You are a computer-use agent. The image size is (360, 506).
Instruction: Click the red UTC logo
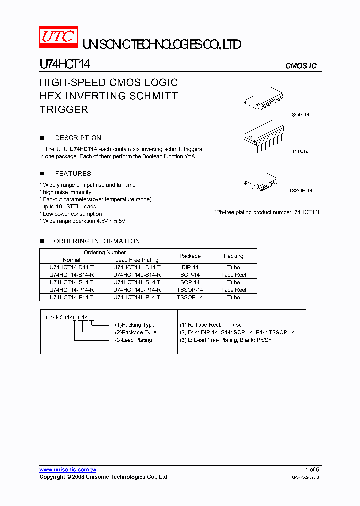(58, 37)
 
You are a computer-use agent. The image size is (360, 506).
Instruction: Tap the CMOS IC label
(301, 66)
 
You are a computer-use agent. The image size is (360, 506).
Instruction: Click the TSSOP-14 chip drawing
(261, 179)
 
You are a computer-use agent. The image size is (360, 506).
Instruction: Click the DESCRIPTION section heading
(78, 138)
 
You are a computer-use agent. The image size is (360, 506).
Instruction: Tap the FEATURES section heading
(73, 174)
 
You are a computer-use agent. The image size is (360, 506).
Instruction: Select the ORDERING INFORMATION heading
(97, 241)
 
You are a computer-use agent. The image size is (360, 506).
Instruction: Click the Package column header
(190, 256)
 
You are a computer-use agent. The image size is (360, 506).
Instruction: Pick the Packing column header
(233, 256)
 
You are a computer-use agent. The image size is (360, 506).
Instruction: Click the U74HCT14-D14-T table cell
(72, 267)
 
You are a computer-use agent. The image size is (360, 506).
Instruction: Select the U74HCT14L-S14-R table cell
(137, 275)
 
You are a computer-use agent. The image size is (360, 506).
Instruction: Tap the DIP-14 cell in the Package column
(190, 267)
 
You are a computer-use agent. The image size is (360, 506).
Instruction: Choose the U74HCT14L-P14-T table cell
(137, 297)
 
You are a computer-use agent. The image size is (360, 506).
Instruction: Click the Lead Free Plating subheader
(137, 260)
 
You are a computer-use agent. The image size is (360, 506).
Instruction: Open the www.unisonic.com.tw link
(68, 470)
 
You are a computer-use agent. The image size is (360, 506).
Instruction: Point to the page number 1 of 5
(312, 470)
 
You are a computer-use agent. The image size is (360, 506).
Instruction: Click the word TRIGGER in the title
(64, 110)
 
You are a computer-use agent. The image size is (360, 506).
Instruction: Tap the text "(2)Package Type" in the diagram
(135, 332)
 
